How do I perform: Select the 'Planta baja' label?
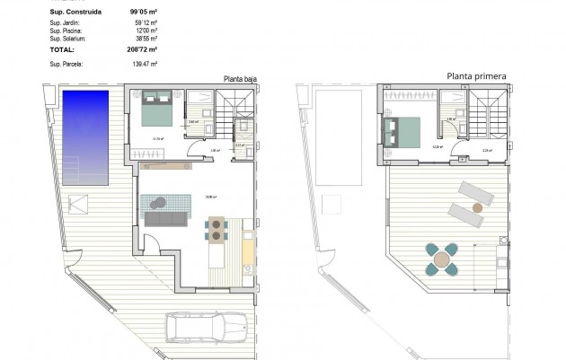(240, 79)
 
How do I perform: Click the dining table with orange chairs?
(217, 231)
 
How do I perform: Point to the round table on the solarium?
(441, 260)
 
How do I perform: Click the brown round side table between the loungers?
(478, 206)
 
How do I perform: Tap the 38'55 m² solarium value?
(144, 40)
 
